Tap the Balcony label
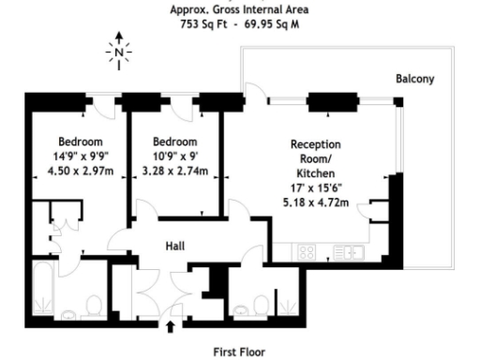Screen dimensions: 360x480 point(414,79)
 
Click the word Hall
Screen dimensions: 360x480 point(175,246)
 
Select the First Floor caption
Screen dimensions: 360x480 point(240,351)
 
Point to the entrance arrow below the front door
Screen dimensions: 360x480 point(171,327)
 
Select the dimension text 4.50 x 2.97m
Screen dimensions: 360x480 point(80,172)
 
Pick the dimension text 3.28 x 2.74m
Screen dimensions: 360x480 point(174,172)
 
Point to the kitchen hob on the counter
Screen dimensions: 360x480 point(307,251)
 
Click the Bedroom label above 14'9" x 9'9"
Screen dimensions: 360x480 point(80,142)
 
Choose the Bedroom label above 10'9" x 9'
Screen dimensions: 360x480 point(174,142)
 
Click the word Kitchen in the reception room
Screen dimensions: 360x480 point(315,174)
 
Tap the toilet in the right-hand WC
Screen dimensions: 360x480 point(260,306)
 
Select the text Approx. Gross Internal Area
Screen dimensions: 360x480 point(239,10)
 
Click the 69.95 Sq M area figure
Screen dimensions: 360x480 point(272,24)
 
